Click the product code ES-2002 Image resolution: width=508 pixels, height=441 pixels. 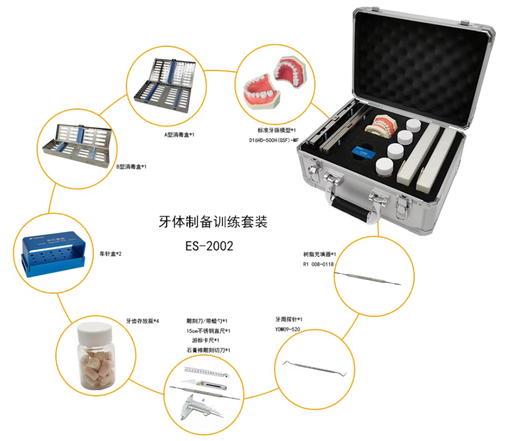coord(209,246)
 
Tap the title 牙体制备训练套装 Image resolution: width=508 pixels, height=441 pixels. coord(213,222)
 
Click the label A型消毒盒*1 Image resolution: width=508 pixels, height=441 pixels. coord(179,134)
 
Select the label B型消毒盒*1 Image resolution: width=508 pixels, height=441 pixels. coord(131,166)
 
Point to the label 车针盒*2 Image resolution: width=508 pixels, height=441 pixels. coord(111,254)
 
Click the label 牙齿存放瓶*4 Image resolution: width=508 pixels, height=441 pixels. coord(143,321)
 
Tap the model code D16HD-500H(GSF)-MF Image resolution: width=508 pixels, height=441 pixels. coord(274,140)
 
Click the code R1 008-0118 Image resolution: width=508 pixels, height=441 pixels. coord(318,264)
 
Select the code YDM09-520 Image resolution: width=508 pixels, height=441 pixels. coord(287,329)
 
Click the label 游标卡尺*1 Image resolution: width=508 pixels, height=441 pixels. coord(206,340)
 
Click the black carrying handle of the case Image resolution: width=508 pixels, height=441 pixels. coord(351,210)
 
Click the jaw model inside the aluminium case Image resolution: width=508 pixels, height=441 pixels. coord(381,126)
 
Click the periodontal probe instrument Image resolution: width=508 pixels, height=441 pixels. coord(315,368)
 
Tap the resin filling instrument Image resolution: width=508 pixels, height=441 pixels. coord(368,279)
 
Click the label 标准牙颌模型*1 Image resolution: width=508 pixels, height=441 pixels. coord(277,130)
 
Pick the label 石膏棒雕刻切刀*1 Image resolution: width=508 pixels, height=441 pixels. coord(208,350)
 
